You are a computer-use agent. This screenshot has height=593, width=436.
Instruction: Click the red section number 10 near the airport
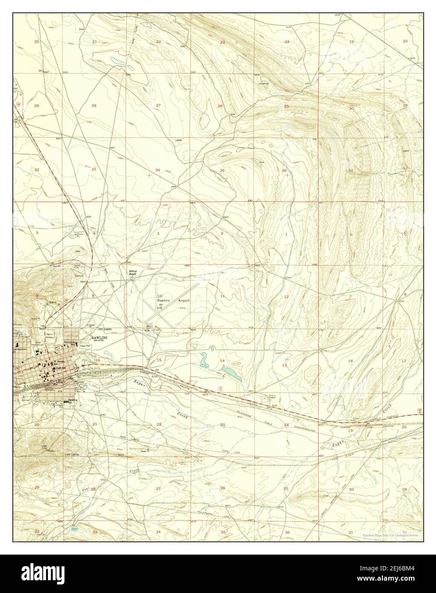point(159,296)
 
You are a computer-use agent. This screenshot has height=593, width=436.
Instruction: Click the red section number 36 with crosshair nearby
point(284,170)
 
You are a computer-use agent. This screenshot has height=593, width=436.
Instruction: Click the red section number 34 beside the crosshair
point(158,170)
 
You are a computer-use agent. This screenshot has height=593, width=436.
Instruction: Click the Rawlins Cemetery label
point(51,335)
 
